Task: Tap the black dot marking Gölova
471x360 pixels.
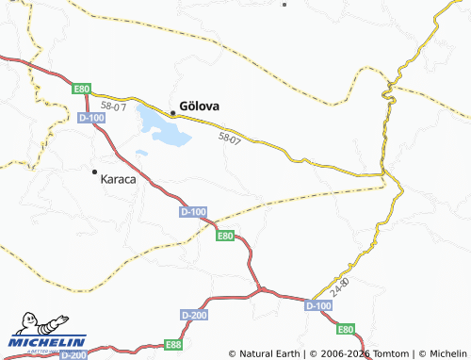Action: coord(172,113)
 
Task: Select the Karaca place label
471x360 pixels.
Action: coord(119,179)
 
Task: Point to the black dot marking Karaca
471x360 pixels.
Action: coord(94,172)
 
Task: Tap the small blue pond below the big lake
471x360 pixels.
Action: coord(141,153)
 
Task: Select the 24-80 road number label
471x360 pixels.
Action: coord(340,283)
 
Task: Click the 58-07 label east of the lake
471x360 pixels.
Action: coord(230,139)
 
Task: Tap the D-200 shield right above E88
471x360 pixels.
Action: coord(193,314)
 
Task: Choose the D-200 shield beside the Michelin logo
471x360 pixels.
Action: coord(74,354)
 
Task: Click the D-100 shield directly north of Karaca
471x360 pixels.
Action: coord(92,117)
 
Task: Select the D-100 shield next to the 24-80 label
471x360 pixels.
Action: coord(318,305)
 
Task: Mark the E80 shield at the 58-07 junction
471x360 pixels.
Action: coord(81,89)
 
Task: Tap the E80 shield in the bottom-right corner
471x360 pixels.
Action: coord(347,329)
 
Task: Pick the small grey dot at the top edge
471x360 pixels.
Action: coord(284,4)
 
